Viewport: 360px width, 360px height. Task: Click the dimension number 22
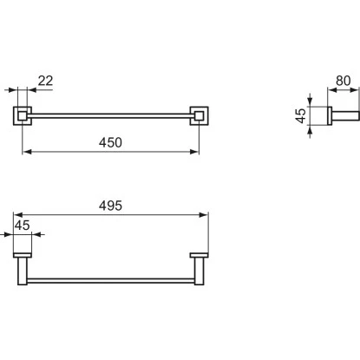(x=45, y=81)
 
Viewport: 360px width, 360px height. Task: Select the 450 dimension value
(x=110, y=142)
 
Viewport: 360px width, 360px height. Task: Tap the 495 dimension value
(x=110, y=206)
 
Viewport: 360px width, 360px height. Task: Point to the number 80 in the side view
(x=344, y=81)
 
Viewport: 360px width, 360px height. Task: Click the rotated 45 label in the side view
(x=301, y=115)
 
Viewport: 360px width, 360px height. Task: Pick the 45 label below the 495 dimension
(x=23, y=226)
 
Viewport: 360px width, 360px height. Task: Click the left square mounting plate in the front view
(x=23, y=116)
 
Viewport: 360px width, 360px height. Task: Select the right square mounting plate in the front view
(x=200, y=116)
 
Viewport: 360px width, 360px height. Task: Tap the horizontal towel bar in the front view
(x=111, y=116)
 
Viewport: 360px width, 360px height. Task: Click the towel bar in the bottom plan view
(x=111, y=281)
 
